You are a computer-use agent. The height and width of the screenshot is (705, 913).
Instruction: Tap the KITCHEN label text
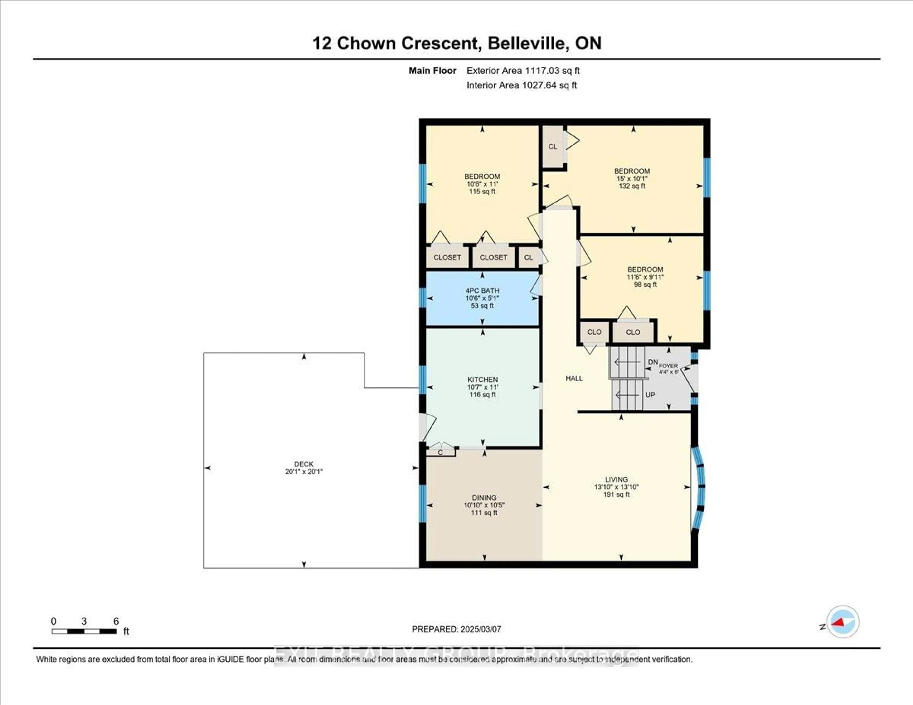[482, 379]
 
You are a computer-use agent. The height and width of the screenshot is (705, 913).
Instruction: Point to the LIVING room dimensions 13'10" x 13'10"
[616, 487]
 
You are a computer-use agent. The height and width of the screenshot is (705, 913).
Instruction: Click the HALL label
[574, 378]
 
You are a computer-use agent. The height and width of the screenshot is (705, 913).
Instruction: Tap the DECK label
[303, 464]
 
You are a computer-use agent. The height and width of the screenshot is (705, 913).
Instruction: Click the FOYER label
[668, 366]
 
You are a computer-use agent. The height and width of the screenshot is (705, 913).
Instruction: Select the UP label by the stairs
[650, 395]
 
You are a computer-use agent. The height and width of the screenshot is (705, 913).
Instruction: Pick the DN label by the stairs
[653, 362]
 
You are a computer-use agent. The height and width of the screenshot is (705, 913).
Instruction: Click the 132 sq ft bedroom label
[632, 186]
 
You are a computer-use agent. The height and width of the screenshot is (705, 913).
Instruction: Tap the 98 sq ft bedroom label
[645, 285]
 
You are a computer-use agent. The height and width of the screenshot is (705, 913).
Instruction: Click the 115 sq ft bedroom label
[482, 191]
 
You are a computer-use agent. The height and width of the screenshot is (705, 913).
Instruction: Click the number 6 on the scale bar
[116, 621]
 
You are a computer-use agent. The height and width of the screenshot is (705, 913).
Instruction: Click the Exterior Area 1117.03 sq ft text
[523, 71]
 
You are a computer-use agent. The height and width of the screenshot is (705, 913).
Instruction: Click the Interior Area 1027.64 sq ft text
[521, 85]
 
